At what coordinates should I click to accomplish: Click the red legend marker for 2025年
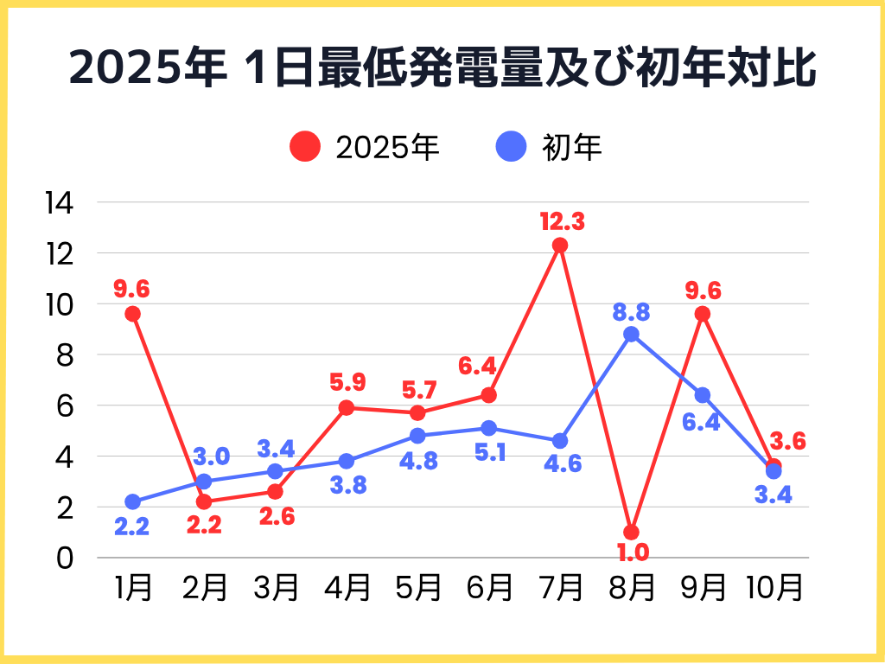point(305,147)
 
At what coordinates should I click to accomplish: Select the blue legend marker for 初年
point(512,147)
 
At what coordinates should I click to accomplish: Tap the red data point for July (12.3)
point(560,246)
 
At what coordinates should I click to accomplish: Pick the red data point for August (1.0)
point(631,532)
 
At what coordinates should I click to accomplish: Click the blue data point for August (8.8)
point(631,335)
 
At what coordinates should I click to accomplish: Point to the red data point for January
point(132,314)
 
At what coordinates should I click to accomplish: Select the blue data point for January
point(132,501)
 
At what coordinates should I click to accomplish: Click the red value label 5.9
point(347,380)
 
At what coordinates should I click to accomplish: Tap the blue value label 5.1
point(489,454)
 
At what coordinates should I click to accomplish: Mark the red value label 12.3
point(562,221)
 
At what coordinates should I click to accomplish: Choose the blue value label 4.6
point(562,465)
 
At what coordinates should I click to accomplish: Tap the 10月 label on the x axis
point(774,588)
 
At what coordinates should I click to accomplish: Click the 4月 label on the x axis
point(347,588)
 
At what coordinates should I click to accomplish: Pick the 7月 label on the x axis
point(560,588)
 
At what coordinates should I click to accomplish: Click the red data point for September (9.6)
point(703,314)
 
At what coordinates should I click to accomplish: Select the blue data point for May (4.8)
point(417,436)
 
